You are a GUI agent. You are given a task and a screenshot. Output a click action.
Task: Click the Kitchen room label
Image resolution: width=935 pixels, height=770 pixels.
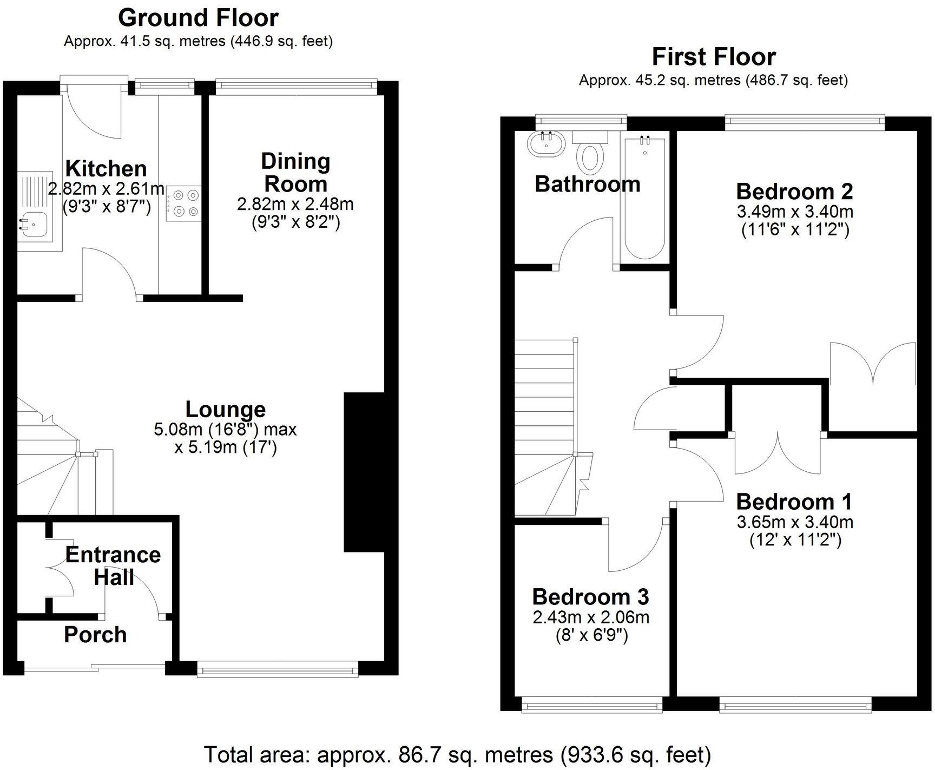click(x=106, y=169)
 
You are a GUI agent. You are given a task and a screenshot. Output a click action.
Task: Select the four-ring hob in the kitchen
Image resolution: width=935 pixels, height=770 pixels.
click(x=185, y=203)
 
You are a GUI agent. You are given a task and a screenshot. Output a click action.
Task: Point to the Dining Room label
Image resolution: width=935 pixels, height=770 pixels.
click(x=295, y=173)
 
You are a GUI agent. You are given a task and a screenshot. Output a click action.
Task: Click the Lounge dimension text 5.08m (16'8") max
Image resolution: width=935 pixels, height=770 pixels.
click(x=226, y=430)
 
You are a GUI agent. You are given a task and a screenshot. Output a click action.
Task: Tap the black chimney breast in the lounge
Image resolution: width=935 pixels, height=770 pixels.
click(x=364, y=472)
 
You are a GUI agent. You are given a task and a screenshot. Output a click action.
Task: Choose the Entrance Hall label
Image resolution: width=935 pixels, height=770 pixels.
click(x=114, y=566)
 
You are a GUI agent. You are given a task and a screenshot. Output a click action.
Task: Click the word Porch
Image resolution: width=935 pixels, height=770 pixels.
click(x=95, y=635)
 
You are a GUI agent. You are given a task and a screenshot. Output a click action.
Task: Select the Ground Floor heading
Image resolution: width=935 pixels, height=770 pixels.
click(x=198, y=18)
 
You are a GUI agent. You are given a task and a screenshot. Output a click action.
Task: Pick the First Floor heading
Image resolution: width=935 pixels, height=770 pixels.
click(x=714, y=56)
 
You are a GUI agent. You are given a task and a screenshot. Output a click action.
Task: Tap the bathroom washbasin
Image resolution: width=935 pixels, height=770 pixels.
click(x=545, y=143)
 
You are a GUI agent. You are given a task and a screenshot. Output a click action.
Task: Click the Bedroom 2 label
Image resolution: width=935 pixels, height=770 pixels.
click(x=794, y=192)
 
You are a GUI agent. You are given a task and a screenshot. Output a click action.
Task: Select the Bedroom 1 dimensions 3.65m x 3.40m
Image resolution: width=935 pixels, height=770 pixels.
click(x=795, y=522)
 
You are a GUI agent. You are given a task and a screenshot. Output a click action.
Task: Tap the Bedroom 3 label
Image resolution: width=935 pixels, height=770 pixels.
click(x=590, y=597)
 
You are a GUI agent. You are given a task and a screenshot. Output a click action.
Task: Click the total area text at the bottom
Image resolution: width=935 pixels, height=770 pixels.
click(x=457, y=754)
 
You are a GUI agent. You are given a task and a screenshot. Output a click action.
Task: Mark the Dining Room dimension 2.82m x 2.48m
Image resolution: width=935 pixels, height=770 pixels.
click(x=295, y=204)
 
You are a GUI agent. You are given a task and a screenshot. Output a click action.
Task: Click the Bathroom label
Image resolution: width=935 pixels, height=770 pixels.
click(x=588, y=185)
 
